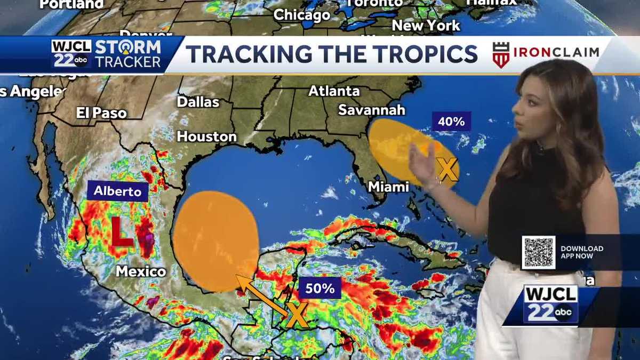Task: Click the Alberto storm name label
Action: (118, 191)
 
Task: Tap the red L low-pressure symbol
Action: (121, 232)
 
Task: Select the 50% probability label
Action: (320, 288)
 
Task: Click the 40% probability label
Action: (451, 122)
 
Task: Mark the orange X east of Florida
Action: (448, 170)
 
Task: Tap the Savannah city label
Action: (372, 110)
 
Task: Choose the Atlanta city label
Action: (334, 91)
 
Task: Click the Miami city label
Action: (389, 187)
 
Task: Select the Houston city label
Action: (206, 137)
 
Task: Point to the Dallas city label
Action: (198, 101)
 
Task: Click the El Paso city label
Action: (101, 113)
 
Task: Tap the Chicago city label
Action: (301, 15)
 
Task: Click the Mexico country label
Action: (141, 271)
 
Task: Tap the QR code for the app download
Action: (538, 252)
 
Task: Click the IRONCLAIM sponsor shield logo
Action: (500, 54)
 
